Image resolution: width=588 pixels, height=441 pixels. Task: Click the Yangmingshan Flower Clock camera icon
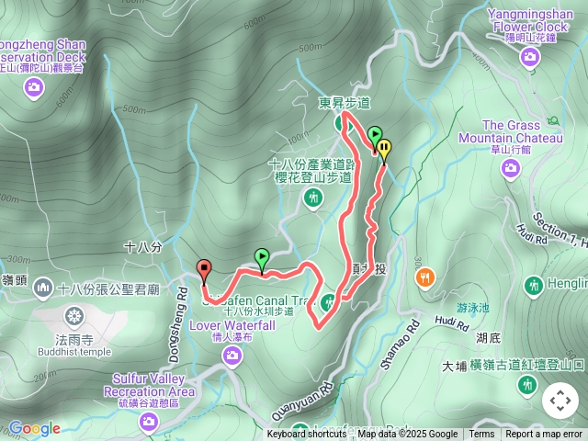point(529,58)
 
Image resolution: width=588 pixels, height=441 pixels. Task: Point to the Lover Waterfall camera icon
point(232,355)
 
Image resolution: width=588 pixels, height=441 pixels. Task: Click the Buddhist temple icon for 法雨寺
point(73,317)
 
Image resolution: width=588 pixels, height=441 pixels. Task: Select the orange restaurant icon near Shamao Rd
point(424,277)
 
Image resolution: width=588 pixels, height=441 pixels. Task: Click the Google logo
point(34,428)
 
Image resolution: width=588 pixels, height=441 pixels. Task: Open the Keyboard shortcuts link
point(307,435)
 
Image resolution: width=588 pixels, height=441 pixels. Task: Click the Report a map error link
point(544,435)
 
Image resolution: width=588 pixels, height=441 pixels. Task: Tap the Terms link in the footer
point(481,435)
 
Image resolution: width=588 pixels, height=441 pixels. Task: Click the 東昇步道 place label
point(345,103)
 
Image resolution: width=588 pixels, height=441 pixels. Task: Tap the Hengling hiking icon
point(533,287)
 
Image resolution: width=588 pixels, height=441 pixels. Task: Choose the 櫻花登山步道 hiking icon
point(314,198)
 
